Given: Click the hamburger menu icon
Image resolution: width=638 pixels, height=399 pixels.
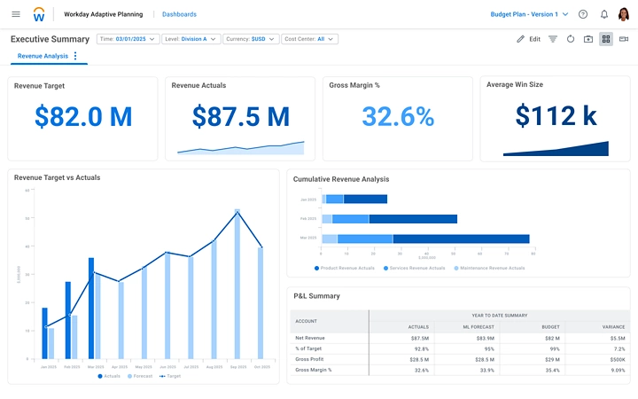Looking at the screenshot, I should pyautogui.click(x=16, y=14).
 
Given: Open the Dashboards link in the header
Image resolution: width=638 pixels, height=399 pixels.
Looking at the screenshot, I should pyautogui.click(x=180, y=14).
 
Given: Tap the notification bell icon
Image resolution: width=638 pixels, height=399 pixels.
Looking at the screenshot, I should pyautogui.click(x=604, y=14).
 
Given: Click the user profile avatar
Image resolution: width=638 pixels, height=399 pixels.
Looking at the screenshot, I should pyautogui.click(x=624, y=14).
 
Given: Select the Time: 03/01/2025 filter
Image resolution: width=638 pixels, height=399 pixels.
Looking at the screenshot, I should pyautogui.click(x=128, y=39).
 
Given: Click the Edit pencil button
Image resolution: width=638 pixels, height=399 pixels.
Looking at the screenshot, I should pyautogui.click(x=528, y=39).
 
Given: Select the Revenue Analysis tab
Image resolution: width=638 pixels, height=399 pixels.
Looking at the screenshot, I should pyautogui.click(x=43, y=56).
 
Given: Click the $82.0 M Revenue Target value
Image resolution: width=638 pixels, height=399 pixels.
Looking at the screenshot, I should pyautogui.click(x=83, y=117).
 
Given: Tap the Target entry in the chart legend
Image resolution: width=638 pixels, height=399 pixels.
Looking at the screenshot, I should pyautogui.click(x=173, y=376).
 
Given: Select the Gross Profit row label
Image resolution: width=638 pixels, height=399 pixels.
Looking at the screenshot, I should pyautogui.click(x=310, y=359).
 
